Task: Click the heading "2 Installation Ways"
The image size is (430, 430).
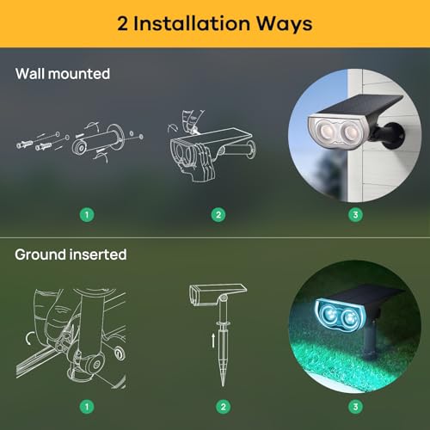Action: [x=215, y=22]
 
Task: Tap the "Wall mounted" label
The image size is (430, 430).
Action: [x=62, y=74]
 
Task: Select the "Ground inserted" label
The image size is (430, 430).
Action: [x=71, y=255]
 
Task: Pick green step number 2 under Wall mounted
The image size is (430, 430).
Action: [x=218, y=214]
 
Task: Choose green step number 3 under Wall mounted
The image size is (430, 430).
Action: [x=353, y=214]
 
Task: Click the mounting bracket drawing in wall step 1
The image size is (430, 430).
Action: [x=99, y=142]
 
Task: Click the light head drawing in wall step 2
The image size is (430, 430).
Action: [x=193, y=159]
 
